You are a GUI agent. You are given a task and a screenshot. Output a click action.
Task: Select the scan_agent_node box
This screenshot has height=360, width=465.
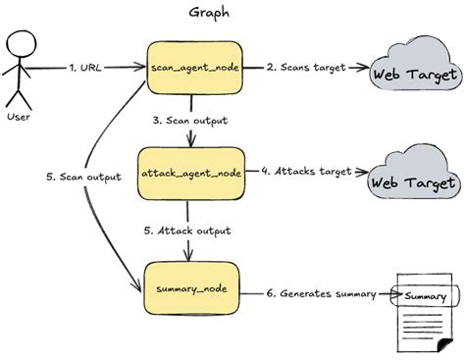(x=192, y=69)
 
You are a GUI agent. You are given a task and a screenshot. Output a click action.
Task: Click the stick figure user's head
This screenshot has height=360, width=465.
(x=22, y=45)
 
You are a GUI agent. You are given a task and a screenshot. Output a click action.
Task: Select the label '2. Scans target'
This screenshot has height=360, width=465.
(x=304, y=68)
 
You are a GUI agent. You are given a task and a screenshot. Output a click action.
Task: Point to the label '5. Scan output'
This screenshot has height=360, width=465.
(x=84, y=177)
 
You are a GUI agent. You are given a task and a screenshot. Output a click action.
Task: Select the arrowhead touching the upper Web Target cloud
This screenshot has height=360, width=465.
(x=367, y=69)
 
